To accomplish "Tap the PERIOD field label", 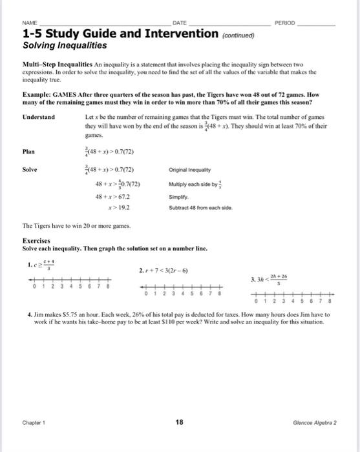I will (285, 22).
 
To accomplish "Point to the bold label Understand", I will (39, 117).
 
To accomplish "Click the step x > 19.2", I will (120, 207).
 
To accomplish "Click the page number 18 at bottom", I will (180, 422).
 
